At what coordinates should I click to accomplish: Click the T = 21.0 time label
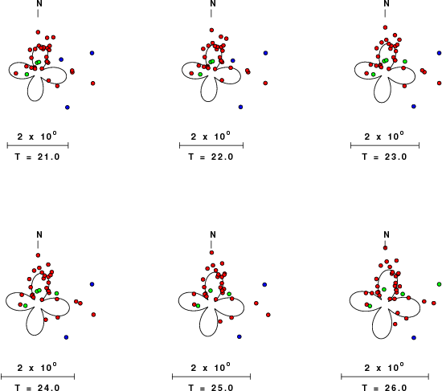37,157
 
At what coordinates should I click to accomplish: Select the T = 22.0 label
211,157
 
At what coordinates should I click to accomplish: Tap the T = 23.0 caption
384,157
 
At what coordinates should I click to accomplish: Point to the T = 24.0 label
37,388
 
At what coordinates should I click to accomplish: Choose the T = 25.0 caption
211,388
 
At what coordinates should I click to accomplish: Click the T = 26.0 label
384,388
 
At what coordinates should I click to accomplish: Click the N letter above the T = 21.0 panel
39,3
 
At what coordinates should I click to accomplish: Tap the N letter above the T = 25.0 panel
213,234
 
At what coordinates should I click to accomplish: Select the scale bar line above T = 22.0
211,145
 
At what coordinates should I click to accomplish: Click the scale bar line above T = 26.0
385,377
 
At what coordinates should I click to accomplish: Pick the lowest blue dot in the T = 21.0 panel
67,108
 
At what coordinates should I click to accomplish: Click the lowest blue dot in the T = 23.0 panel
414,106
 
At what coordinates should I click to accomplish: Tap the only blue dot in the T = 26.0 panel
414,337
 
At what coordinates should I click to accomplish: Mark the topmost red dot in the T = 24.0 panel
38,255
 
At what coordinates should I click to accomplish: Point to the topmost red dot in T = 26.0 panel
385,248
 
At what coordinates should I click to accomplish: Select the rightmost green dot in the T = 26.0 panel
439,284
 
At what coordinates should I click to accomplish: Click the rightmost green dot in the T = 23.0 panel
405,61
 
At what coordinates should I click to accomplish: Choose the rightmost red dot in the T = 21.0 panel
93,83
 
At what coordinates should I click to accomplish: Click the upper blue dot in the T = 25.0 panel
264,284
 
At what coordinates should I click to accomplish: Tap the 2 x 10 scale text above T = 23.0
384,136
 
